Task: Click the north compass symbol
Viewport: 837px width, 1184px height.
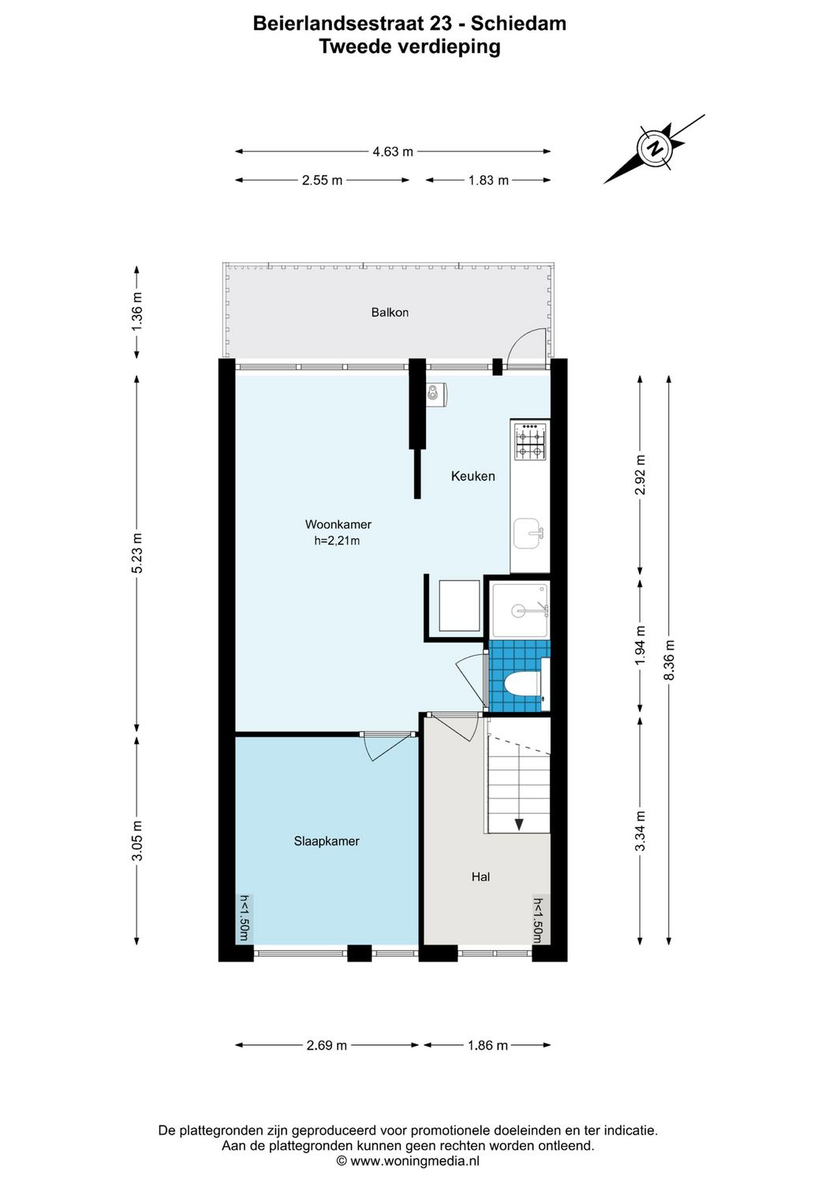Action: (x=654, y=148)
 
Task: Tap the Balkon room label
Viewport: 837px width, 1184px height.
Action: (x=390, y=313)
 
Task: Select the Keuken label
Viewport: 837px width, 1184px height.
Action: (x=473, y=476)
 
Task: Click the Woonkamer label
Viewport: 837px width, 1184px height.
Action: (x=338, y=524)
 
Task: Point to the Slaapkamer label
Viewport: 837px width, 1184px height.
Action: (x=326, y=841)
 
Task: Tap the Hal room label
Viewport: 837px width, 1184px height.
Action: (x=480, y=877)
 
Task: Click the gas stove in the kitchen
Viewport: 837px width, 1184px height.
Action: (x=530, y=442)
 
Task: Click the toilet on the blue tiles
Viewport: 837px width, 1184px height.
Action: (x=521, y=684)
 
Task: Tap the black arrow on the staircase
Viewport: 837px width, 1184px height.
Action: (x=519, y=825)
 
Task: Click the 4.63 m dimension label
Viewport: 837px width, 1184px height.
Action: (x=393, y=152)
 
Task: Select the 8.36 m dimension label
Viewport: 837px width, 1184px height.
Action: (x=669, y=660)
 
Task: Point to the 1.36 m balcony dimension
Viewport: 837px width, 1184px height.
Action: (x=137, y=311)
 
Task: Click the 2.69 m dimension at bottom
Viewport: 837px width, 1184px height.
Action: (x=327, y=1045)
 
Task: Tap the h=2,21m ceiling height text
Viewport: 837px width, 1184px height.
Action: (x=337, y=541)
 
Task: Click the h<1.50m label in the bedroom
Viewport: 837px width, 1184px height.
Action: (x=245, y=918)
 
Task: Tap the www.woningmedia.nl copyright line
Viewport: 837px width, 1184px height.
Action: (x=408, y=1161)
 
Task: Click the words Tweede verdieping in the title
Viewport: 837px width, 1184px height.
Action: (x=409, y=47)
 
